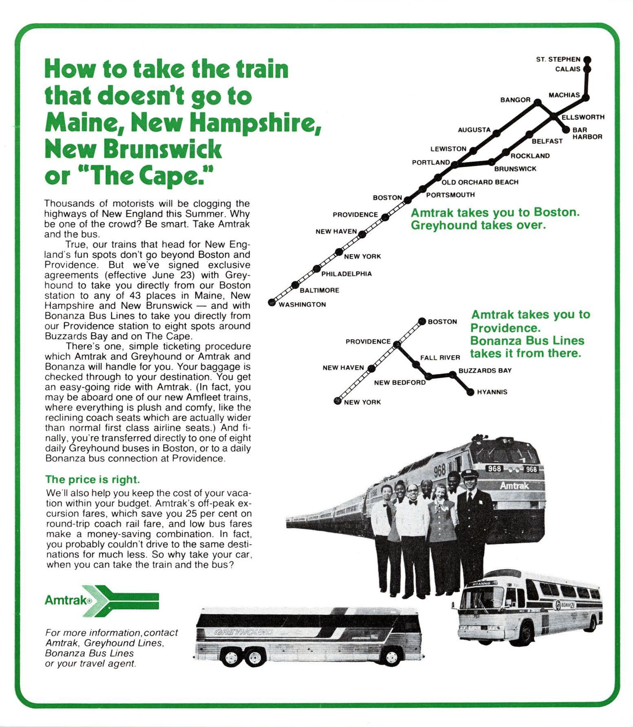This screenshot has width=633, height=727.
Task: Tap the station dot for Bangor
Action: click(538, 102)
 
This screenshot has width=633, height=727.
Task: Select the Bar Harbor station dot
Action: click(566, 130)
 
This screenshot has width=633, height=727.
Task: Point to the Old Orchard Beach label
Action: click(480, 182)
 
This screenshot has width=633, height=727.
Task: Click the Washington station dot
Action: click(271, 302)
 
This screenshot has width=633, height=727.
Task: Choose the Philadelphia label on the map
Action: click(346, 274)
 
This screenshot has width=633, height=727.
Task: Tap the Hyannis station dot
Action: click(470, 392)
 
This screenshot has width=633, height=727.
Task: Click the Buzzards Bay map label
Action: click(485, 371)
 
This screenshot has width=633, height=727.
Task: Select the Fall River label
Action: click(440, 358)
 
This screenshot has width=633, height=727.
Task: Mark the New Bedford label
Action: click(399, 383)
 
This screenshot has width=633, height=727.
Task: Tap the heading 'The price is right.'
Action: click(93, 479)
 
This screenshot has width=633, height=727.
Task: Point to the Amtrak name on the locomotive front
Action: click(514, 485)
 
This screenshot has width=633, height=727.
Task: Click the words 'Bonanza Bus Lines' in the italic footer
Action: click(89, 653)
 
